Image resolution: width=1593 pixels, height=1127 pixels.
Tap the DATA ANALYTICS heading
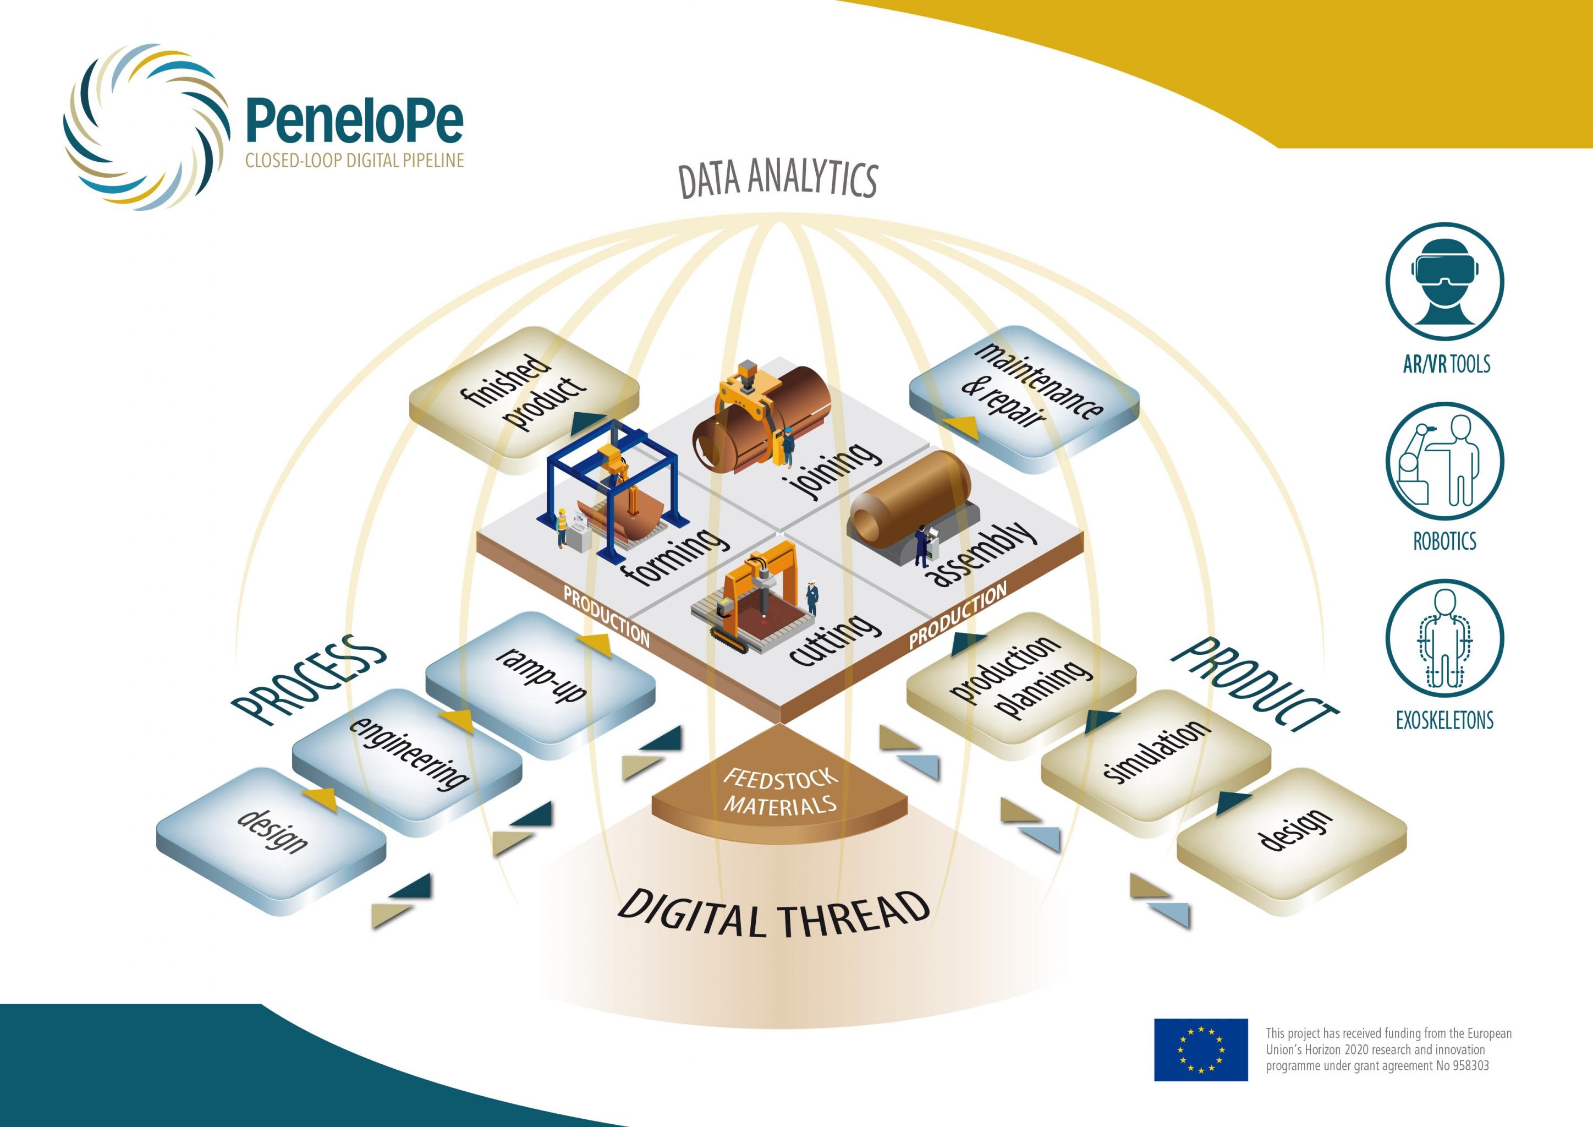tap(778, 178)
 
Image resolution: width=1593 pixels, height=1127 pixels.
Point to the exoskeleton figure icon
tap(1444, 638)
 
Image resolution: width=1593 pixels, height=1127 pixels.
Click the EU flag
tap(1200, 1049)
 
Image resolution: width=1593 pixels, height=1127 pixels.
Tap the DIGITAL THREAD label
tap(773, 912)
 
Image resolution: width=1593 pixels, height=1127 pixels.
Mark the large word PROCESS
tap(309, 680)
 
